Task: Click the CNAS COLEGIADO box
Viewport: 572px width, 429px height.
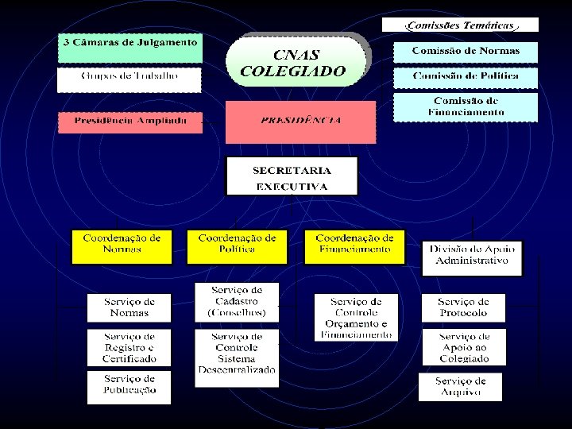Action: coord(297,63)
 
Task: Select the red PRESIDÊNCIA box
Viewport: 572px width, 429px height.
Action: coord(300,122)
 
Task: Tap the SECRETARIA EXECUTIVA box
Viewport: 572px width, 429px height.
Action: coord(292,177)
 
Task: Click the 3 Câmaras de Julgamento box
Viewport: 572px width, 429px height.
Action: coord(129,48)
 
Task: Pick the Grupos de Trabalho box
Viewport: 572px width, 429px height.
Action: coord(129,79)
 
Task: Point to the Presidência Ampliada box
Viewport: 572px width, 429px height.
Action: coord(129,122)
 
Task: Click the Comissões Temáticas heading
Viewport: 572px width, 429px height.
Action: coord(460,25)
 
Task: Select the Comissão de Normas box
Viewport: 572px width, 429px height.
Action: coord(466,52)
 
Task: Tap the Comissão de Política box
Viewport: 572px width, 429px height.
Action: coord(466,78)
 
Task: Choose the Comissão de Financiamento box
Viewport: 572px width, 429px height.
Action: coord(466,107)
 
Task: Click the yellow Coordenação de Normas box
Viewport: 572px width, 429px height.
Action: coord(122,246)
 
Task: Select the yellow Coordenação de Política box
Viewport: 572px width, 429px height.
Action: coord(237,246)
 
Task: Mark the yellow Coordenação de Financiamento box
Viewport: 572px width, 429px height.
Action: coord(354,246)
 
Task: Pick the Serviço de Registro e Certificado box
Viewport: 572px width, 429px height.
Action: coord(129,348)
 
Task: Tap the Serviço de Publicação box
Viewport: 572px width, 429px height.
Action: coord(129,386)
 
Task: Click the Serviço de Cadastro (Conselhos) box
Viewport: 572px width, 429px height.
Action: coord(237,301)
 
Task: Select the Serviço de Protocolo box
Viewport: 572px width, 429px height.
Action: coord(462,307)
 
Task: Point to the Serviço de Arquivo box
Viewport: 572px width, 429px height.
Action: coord(461,387)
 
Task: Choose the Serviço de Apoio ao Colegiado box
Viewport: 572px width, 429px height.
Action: coord(464,348)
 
